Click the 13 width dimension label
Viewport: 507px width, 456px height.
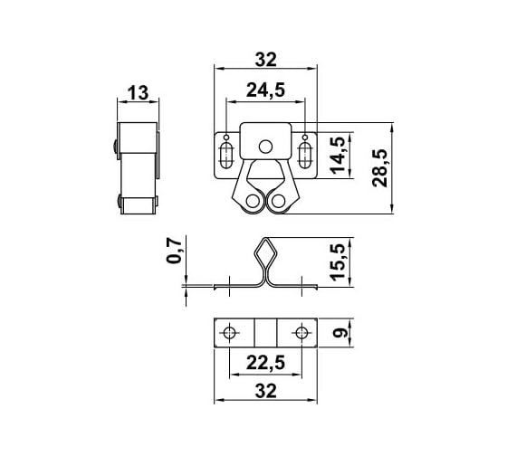138,93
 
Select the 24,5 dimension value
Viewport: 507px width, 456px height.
266,90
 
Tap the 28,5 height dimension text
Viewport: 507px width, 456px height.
380,168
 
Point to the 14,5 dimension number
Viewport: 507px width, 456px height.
338,155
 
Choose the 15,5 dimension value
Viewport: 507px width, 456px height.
338,262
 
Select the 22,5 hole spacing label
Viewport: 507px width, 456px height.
266,362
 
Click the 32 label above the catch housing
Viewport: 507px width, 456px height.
266,60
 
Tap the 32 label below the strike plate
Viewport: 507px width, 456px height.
266,391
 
